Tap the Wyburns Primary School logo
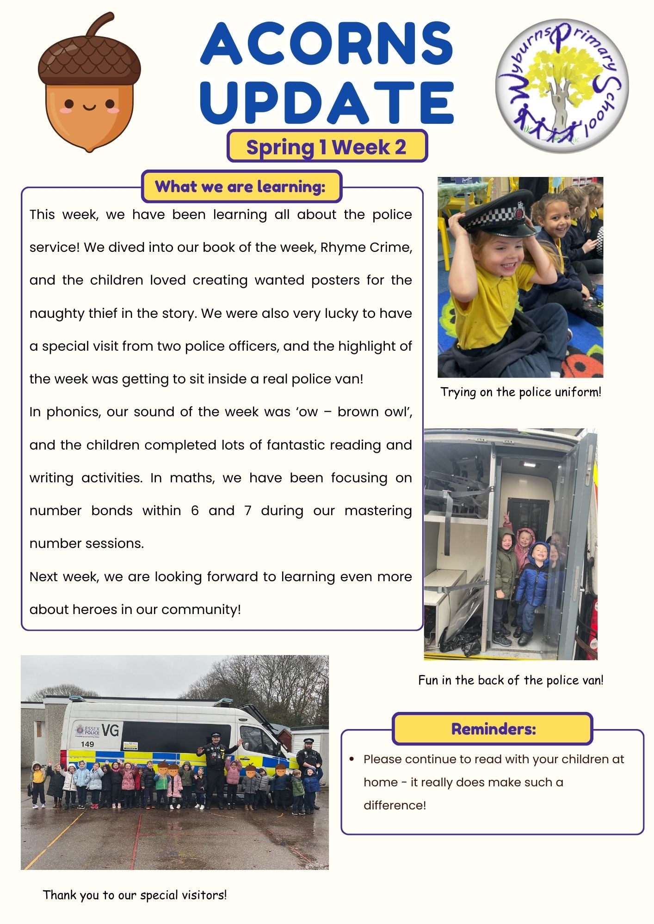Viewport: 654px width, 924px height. tap(562, 86)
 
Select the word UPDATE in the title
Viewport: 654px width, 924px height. tap(327, 103)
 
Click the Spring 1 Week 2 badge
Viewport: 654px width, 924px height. tap(327, 147)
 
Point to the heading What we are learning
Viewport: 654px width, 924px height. tap(241, 187)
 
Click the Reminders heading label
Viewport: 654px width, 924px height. tap(493, 729)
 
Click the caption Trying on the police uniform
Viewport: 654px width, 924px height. tap(521, 392)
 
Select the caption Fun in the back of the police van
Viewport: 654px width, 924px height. tap(511, 680)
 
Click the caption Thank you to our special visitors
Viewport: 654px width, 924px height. tap(135, 895)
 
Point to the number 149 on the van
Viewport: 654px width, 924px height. tap(87, 744)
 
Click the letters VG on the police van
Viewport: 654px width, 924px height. tap(110, 730)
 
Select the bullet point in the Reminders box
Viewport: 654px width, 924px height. tap(352, 759)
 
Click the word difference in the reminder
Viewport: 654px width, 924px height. tap(394, 805)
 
